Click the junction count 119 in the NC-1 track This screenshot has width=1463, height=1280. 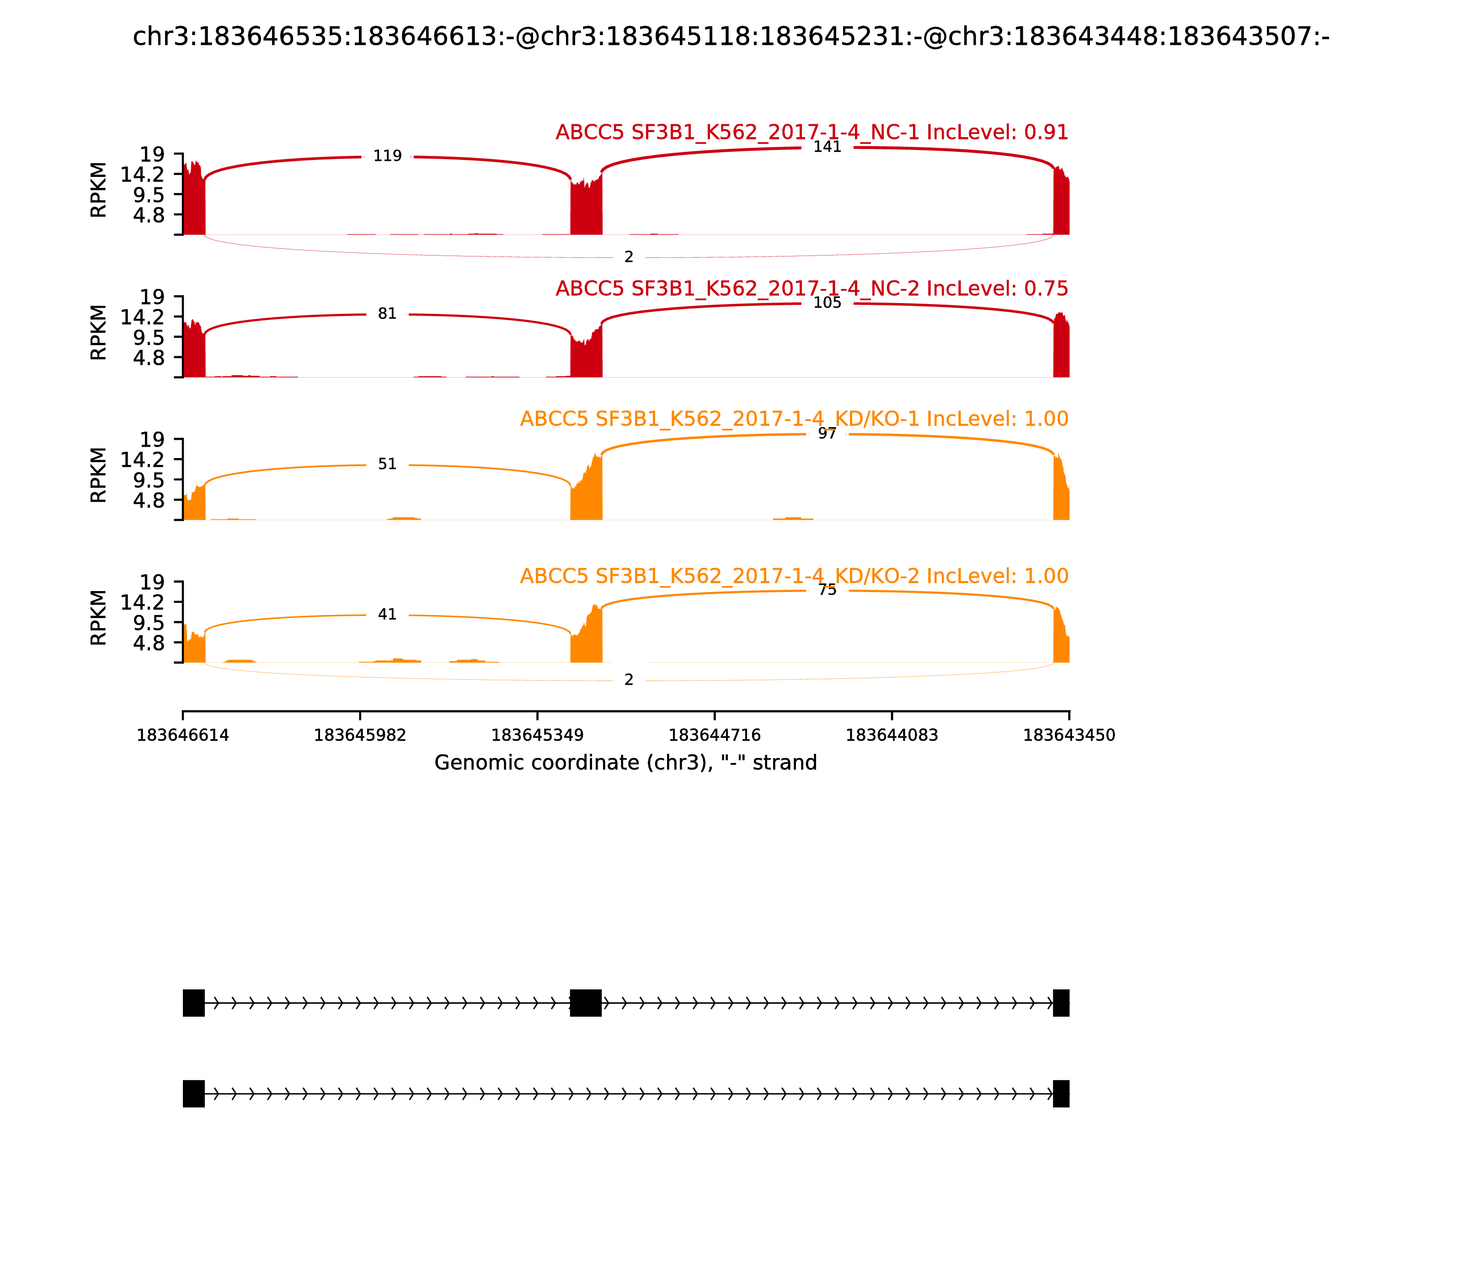[387, 156]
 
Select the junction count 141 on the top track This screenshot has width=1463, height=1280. [827, 147]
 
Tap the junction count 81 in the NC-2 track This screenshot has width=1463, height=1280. [387, 314]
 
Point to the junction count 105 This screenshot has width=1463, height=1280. [827, 303]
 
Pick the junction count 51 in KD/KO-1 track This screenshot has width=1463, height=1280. [387, 464]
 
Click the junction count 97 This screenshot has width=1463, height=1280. [827, 433]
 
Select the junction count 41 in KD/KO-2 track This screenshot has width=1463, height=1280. [387, 614]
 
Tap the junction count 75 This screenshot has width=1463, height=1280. [827, 590]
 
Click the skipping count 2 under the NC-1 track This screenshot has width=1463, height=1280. [629, 257]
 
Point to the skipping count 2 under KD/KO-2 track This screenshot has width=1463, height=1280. [629, 680]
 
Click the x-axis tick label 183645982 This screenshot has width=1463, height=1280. [360, 736]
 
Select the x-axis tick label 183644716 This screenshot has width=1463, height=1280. [714, 736]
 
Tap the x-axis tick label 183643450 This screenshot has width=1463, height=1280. [1069, 736]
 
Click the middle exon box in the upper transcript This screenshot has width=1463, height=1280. [586, 1003]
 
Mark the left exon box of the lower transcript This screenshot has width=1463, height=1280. [193, 1093]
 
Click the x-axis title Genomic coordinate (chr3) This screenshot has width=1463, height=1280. [625, 763]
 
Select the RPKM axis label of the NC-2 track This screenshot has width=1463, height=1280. [99, 332]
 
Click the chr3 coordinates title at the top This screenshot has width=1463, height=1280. [731, 37]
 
